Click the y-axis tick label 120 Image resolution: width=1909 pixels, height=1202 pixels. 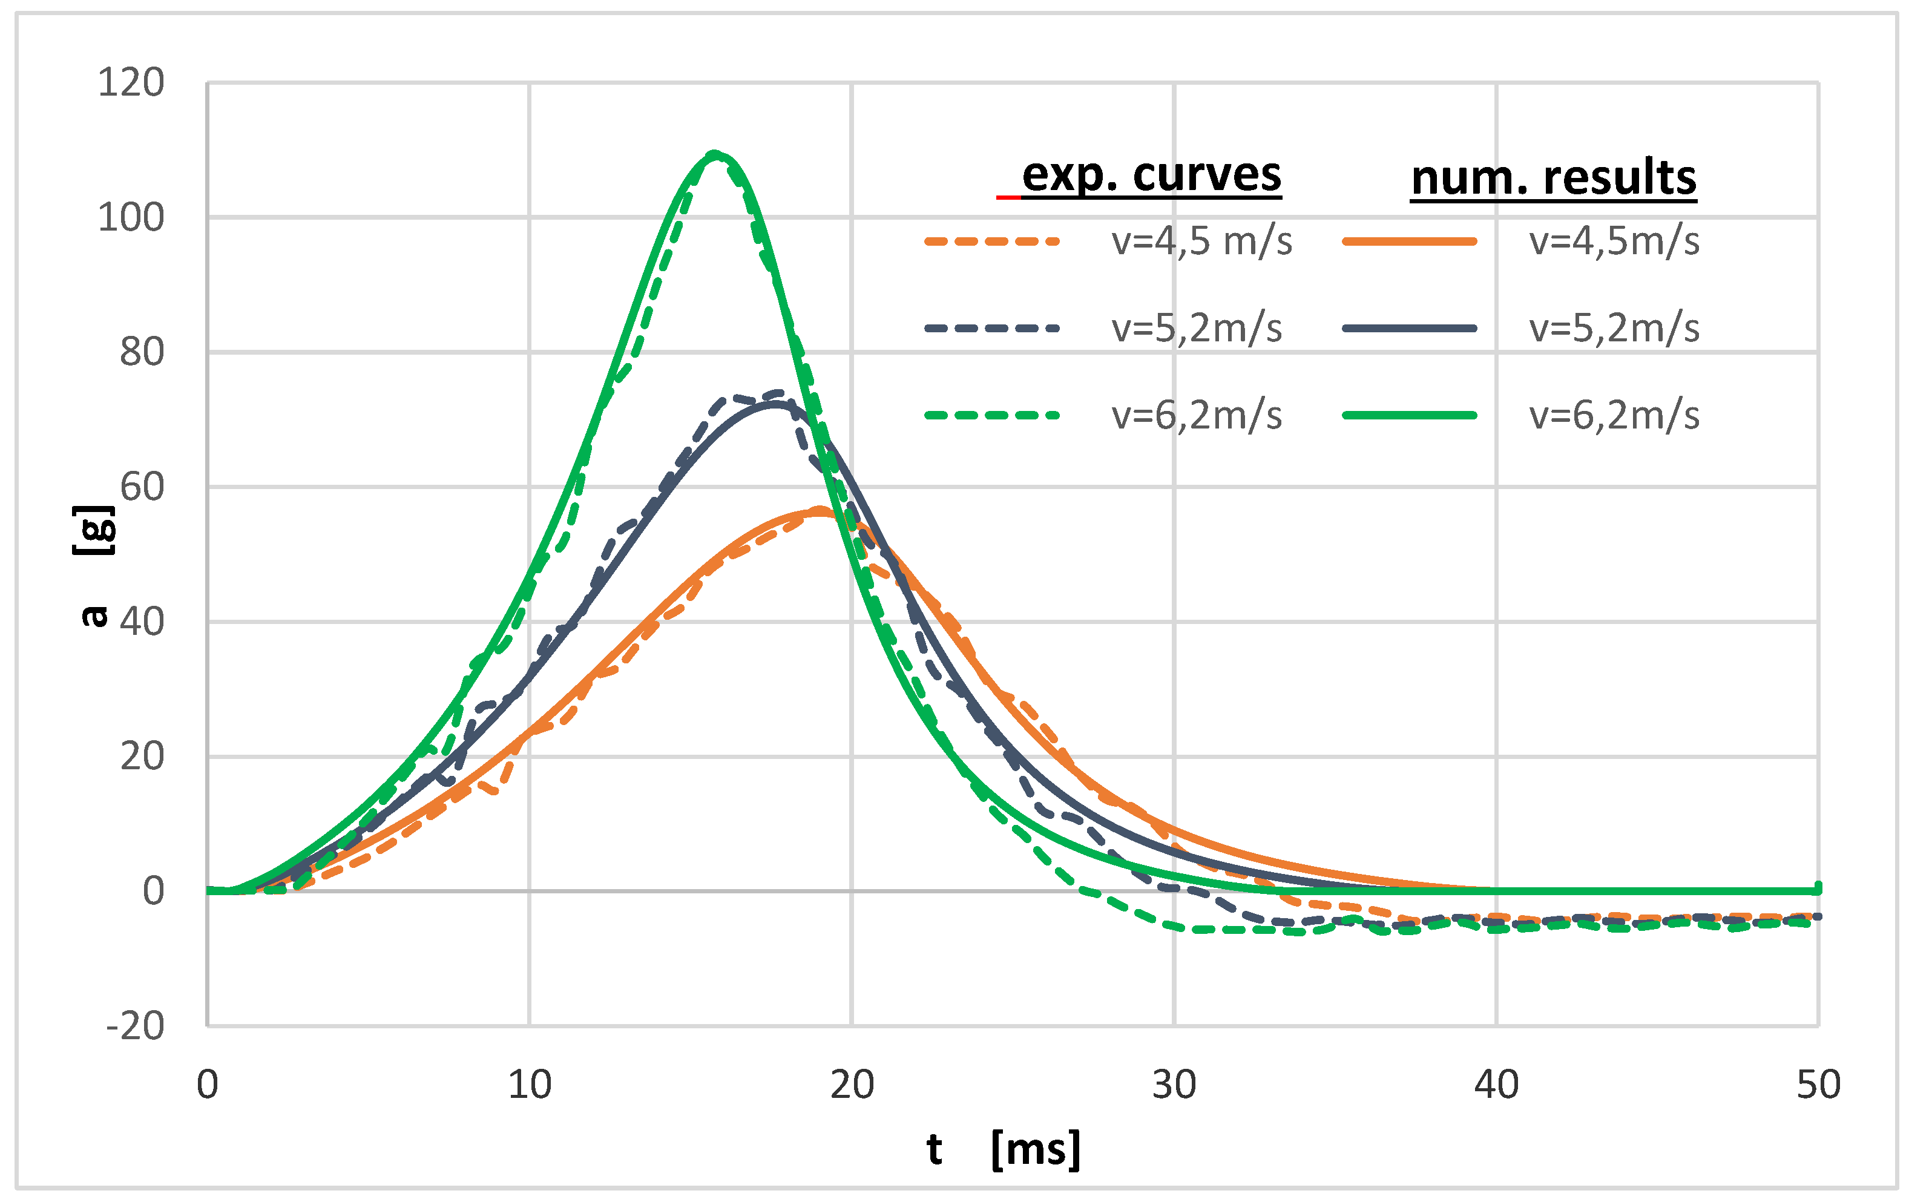(x=131, y=82)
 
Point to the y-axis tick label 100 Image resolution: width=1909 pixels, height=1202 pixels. (x=131, y=217)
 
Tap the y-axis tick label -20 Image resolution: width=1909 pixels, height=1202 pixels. (x=135, y=1026)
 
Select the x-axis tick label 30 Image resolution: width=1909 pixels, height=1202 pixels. (x=1174, y=1085)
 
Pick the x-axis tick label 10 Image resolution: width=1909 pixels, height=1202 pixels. (x=530, y=1085)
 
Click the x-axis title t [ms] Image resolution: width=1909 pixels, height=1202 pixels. (x=1004, y=1148)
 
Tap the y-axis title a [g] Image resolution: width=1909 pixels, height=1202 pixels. (x=94, y=566)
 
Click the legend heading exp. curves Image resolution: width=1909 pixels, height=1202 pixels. (x=1151, y=174)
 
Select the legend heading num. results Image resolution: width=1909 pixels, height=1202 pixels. (x=1554, y=177)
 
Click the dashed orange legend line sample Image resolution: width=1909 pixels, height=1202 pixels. (x=992, y=241)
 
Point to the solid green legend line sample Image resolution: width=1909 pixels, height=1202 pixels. (x=1410, y=415)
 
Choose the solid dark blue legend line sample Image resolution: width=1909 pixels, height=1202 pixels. (x=1410, y=328)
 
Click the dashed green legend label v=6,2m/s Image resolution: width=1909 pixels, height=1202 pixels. (x=1196, y=415)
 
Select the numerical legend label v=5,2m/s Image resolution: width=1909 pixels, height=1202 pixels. (x=1614, y=328)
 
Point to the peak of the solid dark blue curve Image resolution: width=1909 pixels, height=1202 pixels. (x=775, y=404)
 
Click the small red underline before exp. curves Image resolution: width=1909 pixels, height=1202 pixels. (x=1008, y=197)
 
